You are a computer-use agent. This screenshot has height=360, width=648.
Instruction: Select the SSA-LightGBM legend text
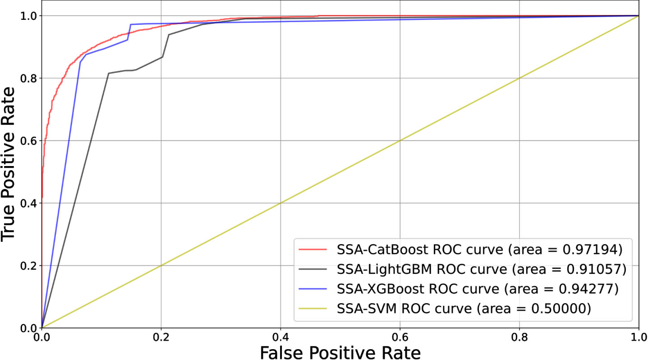click(482, 269)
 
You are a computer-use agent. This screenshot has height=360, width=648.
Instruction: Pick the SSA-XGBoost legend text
click(478, 289)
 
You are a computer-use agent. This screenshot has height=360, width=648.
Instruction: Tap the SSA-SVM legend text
click(464, 309)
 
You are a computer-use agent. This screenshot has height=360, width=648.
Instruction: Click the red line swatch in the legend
click(313, 249)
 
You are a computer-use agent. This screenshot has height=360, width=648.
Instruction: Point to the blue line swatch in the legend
click(313, 289)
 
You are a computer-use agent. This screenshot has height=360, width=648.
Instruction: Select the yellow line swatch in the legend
click(313, 309)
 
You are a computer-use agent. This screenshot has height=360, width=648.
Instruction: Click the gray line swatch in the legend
click(313, 269)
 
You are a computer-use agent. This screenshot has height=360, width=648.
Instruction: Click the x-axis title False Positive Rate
click(340, 352)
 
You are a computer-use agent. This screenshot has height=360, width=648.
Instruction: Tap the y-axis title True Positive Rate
click(8, 164)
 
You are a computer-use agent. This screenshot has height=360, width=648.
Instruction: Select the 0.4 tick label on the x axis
click(280, 337)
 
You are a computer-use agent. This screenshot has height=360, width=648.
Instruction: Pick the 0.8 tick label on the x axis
click(519, 337)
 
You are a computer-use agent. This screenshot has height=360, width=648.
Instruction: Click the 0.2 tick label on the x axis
click(161, 337)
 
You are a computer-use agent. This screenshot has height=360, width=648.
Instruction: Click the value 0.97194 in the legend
click(590, 249)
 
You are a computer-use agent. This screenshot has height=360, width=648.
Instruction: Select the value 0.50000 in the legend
click(559, 309)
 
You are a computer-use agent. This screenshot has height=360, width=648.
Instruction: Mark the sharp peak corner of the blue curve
click(131, 24)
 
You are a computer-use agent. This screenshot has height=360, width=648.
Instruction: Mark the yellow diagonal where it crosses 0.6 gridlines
click(400, 141)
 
